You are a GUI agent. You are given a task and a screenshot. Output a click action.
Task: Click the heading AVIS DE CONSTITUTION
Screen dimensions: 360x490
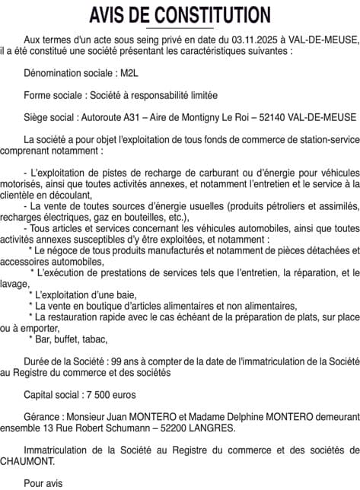click(180, 14)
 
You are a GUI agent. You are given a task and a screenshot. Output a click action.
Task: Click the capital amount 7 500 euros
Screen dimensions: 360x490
click(107, 396)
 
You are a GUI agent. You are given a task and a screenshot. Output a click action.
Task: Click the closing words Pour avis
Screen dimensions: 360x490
click(45, 482)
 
